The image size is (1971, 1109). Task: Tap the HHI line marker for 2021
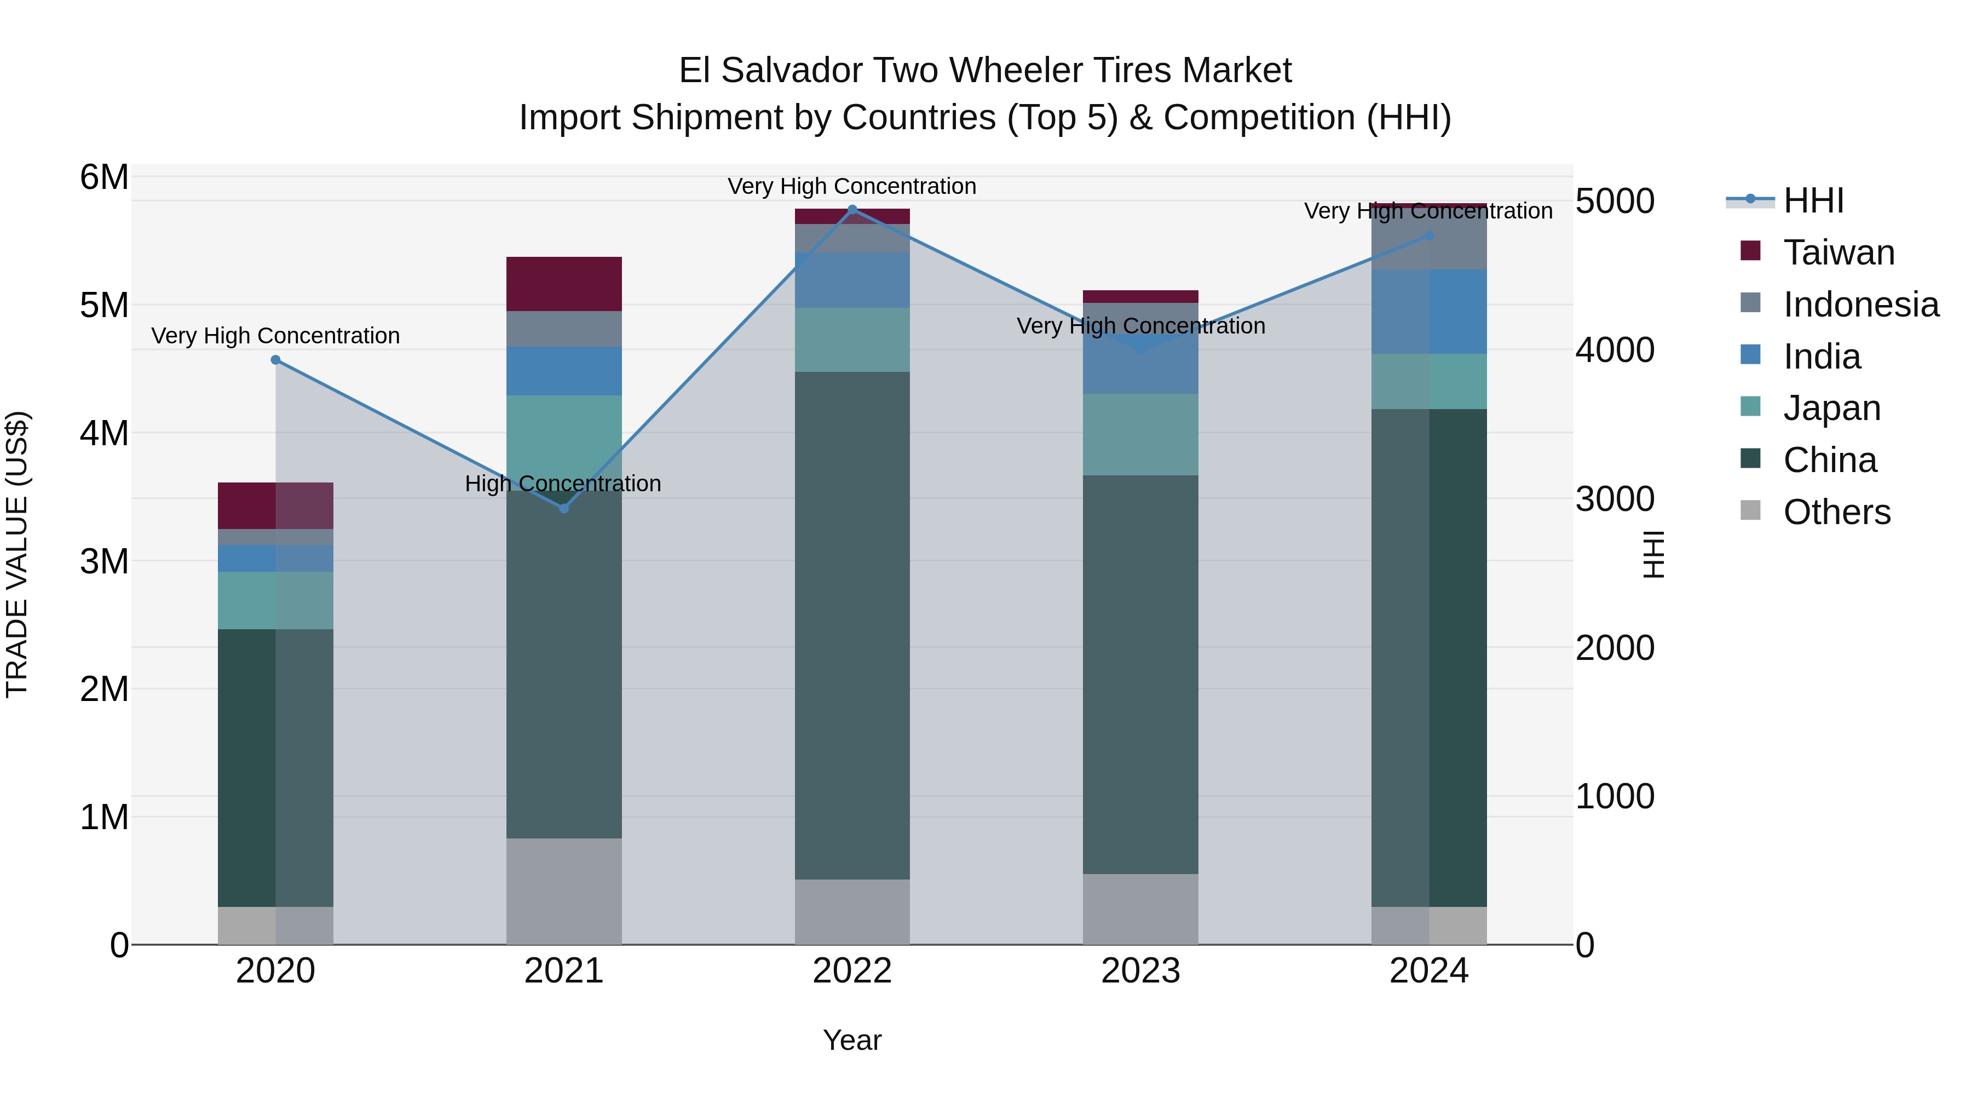[564, 508]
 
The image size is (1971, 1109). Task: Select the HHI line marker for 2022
[852, 209]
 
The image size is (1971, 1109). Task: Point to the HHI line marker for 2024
[1428, 235]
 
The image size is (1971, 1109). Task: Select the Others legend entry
[1836, 512]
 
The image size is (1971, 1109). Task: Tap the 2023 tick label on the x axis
[1140, 971]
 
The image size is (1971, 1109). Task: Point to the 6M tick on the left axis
[104, 177]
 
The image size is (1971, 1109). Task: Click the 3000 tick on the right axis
[1615, 499]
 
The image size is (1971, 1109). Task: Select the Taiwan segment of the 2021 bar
[564, 284]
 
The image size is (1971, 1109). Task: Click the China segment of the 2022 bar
[852, 625]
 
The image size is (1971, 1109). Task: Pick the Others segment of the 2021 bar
[564, 891]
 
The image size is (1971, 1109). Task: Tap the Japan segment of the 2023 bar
[1140, 435]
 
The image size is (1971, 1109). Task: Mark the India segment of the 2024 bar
[1428, 312]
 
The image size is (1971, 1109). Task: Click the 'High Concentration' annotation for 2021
[562, 484]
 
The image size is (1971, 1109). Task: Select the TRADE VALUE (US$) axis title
[17, 554]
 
